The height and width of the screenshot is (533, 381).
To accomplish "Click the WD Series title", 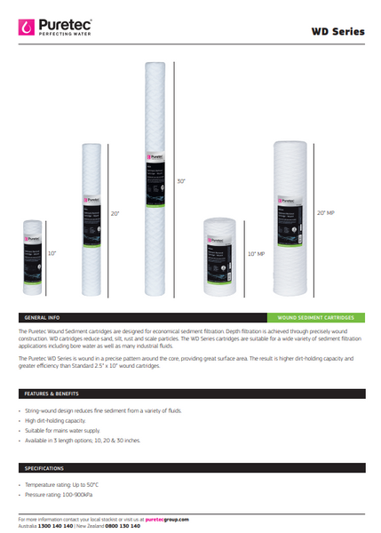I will coord(337,31).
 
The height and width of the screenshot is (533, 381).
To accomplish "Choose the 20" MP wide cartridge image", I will coord(291,212).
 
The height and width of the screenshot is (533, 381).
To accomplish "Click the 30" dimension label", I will coord(182,180).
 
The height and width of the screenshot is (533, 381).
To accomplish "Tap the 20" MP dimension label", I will coord(326,213).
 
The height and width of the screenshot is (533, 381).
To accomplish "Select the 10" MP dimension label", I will coord(256,254).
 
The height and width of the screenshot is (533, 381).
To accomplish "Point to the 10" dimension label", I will coord(52,254).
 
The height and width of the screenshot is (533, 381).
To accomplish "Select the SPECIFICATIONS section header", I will coord(44,467).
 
